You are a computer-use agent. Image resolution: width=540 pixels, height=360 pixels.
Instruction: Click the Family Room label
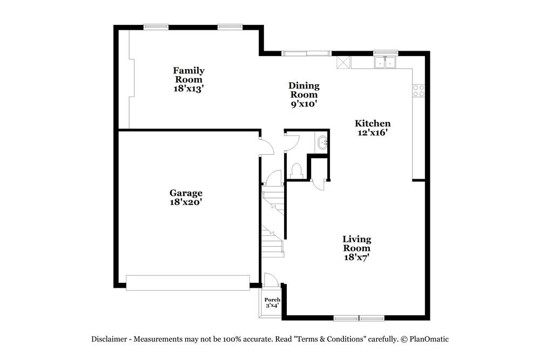(188, 75)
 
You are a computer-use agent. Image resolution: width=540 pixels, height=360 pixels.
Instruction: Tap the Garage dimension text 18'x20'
(186, 202)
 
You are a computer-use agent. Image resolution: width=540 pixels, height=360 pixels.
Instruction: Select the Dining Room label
(303, 90)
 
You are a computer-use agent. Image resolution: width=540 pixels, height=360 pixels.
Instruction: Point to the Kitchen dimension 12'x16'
(372, 133)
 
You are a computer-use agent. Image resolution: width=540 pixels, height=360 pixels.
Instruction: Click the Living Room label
(356, 243)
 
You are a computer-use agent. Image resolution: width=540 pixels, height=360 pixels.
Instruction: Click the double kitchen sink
(386, 64)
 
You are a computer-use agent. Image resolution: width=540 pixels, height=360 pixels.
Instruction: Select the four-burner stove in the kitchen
(418, 91)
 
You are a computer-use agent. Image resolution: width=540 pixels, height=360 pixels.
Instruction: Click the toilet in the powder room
(295, 171)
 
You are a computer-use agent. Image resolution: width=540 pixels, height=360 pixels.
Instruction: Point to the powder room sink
(323, 143)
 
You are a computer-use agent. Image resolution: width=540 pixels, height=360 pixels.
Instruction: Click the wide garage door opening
(187, 282)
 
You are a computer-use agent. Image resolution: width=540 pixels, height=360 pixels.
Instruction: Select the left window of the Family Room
(156, 27)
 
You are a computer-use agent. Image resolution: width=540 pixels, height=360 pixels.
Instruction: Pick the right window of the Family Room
(230, 27)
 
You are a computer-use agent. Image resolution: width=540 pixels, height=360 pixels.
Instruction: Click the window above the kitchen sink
(386, 53)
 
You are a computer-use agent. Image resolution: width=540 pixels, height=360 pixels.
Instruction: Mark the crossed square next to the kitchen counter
(343, 62)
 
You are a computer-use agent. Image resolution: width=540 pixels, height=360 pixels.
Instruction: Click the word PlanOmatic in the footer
(429, 339)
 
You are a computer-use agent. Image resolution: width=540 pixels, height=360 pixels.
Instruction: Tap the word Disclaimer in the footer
(109, 339)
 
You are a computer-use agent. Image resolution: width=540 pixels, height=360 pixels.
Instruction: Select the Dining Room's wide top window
(307, 53)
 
